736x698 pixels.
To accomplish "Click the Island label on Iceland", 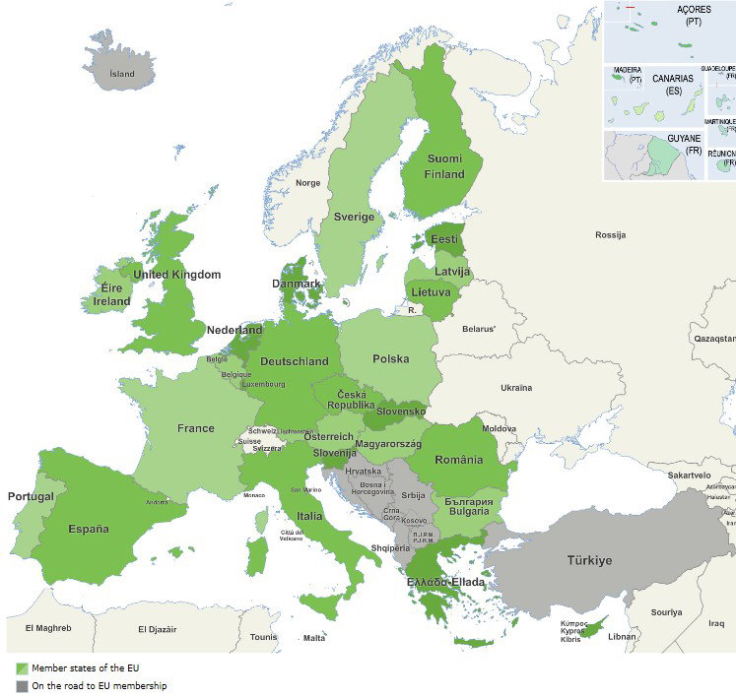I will (x=122, y=73).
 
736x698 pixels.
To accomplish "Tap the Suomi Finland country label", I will (x=445, y=166).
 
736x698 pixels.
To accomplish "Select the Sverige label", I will (x=354, y=217).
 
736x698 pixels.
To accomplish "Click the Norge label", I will (x=308, y=183).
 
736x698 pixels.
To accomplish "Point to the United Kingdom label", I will (x=177, y=275).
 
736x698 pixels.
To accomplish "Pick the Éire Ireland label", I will (x=105, y=295).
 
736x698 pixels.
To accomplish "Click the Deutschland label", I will (x=295, y=361).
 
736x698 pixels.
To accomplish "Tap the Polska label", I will (x=390, y=358).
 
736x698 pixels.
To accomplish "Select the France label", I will (x=195, y=428).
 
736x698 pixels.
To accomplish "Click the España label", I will (x=89, y=529).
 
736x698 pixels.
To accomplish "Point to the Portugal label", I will (x=31, y=496).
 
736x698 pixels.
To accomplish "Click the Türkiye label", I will (x=588, y=560).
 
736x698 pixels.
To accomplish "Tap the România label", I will (x=458, y=460).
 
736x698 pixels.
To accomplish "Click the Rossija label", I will (x=610, y=235).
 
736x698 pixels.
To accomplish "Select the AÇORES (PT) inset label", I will (x=694, y=15).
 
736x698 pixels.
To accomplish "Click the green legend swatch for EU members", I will (x=22, y=668).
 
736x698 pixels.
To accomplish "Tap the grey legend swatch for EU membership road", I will (x=22, y=685).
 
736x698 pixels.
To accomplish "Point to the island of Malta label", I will (x=314, y=638).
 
